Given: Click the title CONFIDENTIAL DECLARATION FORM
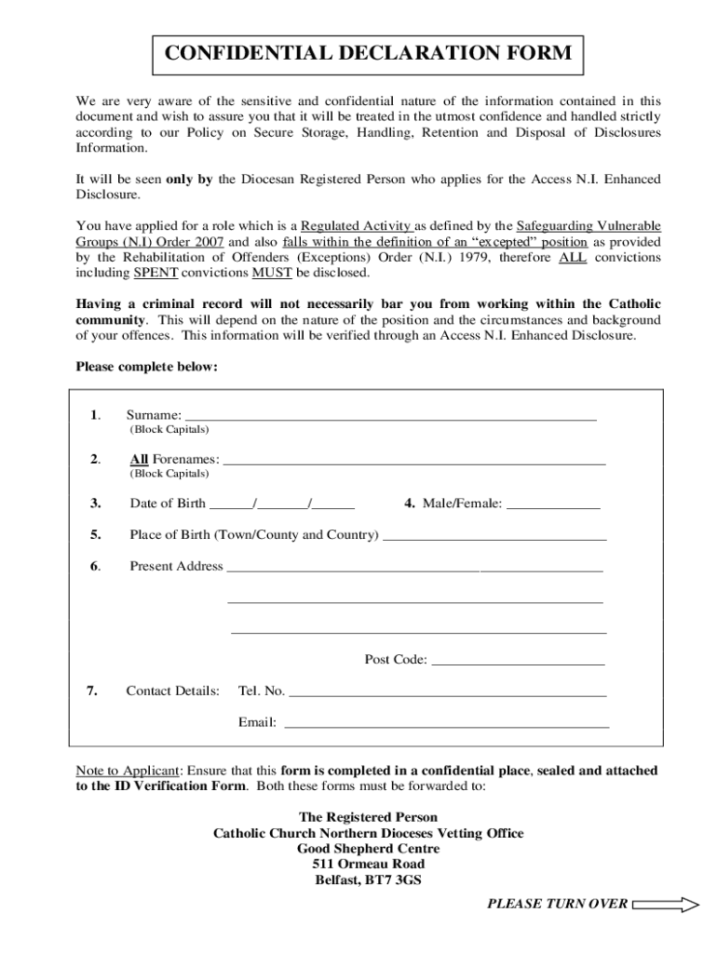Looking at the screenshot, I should click(x=368, y=54).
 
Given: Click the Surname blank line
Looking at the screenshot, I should click(x=391, y=415).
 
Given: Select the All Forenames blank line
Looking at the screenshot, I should click(x=414, y=459).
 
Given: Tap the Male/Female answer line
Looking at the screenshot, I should click(x=553, y=504).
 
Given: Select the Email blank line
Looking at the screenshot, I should click(x=446, y=722).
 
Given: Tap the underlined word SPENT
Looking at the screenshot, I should click(x=156, y=273).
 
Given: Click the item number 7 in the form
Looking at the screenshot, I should click(x=91, y=691).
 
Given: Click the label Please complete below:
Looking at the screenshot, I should click(x=146, y=367).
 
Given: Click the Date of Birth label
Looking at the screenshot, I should click(x=168, y=503).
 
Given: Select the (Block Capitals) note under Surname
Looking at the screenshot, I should click(x=169, y=430).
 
